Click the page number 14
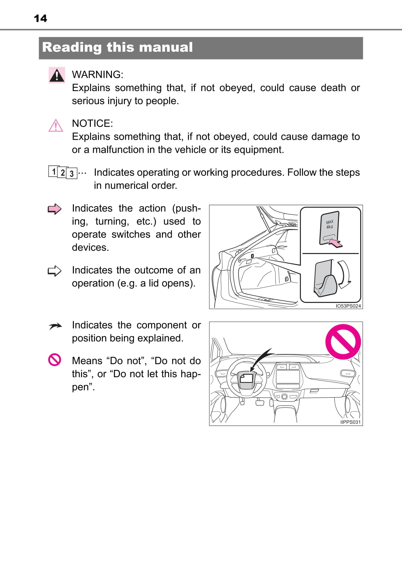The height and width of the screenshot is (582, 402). [x=40, y=18]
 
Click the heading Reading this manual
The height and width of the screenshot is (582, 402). [x=117, y=47]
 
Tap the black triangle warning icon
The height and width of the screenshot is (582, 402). [x=57, y=75]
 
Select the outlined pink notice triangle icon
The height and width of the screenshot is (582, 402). [x=56, y=126]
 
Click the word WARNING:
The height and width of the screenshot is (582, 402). [x=98, y=75]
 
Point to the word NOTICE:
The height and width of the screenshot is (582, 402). [x=92, y=124]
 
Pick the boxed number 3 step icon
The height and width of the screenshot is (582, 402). [x=72, y=173]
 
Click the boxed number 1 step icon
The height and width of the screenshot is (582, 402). [x=53, y=171]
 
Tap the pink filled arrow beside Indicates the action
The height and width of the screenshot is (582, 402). [x=55, y=209]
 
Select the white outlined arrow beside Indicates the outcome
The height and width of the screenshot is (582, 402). [x=55, y=271]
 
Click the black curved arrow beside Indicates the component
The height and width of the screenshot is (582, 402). [x=55, y=327]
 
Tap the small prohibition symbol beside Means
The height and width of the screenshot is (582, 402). [x=55, y=360]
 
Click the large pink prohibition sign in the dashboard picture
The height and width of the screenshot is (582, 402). [x=343, y=342]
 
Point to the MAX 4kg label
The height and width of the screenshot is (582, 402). [x=329, y=224]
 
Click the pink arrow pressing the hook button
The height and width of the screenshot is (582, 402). [x=336, y=243]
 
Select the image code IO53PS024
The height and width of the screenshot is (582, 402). [x=348, y=306]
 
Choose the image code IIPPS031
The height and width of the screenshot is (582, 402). [x=350, y=422]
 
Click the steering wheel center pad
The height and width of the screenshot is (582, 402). [x=247, y=379]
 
